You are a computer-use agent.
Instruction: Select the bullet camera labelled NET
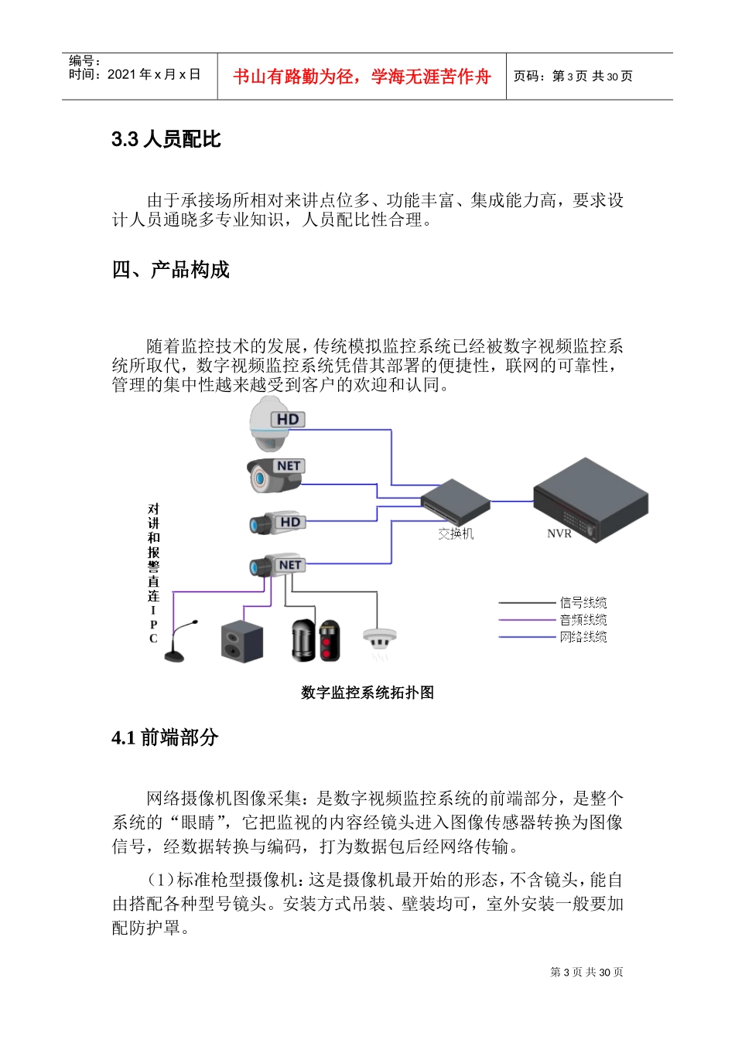[275, 475]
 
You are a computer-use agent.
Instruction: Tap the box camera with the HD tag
[277, 523]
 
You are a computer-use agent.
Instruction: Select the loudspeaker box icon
[242, 641]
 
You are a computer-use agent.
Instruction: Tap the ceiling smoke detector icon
[379, 642]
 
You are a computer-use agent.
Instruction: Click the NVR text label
[559, 534]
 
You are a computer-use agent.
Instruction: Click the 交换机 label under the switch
[456, 534]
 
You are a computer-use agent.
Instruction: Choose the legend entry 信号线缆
[583, 603]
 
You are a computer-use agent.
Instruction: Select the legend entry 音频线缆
[583, 620]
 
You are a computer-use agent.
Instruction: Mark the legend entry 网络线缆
[583, 637]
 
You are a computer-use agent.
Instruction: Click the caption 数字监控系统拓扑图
[367, 693]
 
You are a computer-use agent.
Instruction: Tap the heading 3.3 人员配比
[166, 139]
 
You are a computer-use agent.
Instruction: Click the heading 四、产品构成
[171, 270]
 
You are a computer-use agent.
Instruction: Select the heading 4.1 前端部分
[165, 738]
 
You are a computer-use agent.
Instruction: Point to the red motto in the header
[361, 77]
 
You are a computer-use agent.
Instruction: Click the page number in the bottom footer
[586, 972]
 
